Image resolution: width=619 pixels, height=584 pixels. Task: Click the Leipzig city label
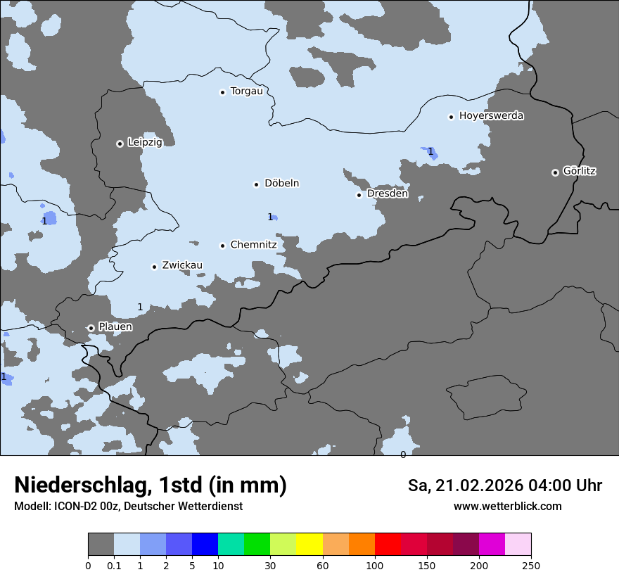145,142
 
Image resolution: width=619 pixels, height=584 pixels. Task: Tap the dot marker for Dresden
359,195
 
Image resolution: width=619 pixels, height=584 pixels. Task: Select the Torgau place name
246,91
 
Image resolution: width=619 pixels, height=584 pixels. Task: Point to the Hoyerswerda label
491,115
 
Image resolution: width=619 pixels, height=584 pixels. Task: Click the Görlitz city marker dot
555,172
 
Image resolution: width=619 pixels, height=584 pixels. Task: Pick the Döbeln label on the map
281,183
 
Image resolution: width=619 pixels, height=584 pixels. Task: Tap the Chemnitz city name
253,245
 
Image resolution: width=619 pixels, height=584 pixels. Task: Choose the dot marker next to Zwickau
154,267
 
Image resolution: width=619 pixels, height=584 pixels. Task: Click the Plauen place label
115,326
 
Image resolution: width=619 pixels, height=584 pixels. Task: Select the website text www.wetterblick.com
507,507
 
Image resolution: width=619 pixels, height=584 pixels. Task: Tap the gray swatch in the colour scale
101,545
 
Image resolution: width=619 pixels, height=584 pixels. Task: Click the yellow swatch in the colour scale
309,545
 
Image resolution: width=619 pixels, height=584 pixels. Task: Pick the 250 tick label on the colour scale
531,565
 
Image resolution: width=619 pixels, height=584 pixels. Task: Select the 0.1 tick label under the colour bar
114,565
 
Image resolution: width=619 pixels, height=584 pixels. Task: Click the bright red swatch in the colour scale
388,545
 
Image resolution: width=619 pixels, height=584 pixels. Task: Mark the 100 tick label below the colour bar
375,565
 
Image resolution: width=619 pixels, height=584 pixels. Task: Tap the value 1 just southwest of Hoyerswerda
430,151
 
